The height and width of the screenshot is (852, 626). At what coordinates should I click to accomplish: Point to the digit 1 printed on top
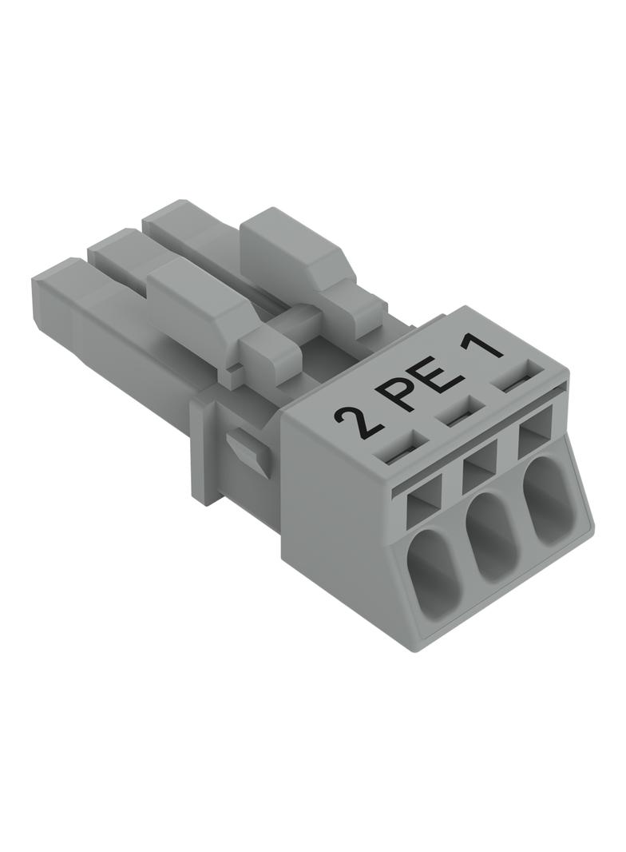pos(481,348)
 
